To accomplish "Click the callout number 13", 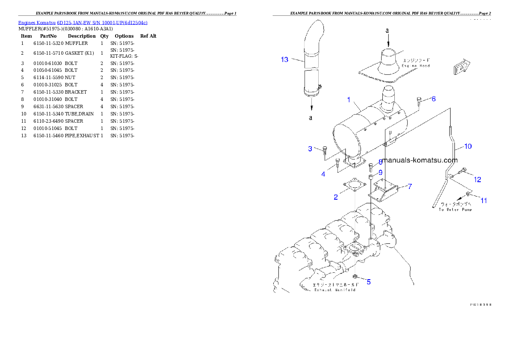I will click(284, 59).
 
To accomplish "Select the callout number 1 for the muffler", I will click(349, 100).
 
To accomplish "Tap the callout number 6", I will click(433, 99).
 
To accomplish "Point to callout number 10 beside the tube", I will click(468, 146).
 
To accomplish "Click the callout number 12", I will click(477, 180).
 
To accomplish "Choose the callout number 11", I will click(483, 200).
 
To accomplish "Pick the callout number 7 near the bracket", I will click(409, 186).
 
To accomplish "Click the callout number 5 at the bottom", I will click(368, 282).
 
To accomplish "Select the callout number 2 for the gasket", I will click(336, 197).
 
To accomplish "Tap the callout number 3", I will click(310, 149).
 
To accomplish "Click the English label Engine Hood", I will click(415, 66).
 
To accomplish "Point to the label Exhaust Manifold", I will click(335, 290).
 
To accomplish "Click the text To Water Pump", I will click(455, 210).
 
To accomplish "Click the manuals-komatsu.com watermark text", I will click(420, 160).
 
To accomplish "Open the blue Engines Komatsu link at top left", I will click(83, 23).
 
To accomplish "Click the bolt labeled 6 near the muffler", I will click(418, 100).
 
